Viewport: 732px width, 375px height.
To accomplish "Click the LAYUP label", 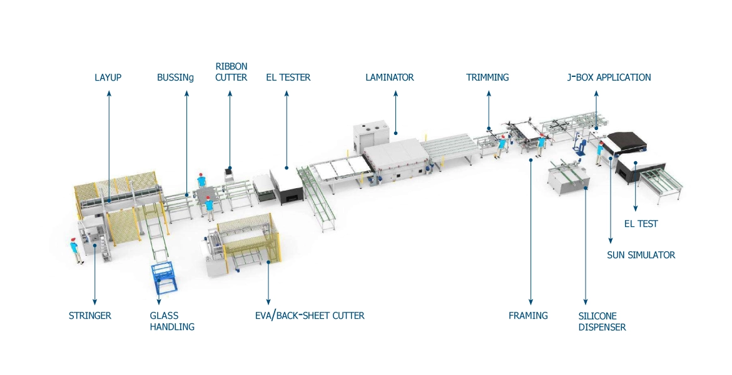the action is tap(108, 77).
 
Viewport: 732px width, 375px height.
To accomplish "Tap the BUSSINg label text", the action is tap(175, 77).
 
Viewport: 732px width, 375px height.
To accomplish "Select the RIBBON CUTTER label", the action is tap(231, 72).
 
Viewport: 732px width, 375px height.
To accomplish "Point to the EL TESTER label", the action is tap(288, 77).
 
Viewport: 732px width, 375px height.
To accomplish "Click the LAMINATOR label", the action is tap(389, 77).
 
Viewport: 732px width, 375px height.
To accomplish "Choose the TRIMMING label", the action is tap(487, 77).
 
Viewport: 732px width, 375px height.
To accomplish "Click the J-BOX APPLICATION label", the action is tap(609, 77).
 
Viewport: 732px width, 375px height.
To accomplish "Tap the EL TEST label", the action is tap(641, 224).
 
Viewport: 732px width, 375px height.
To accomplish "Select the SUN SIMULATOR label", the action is tap(641, 255).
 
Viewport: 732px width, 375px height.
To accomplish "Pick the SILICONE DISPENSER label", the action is tap(602, 321).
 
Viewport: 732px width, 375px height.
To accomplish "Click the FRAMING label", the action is tap(528, 316).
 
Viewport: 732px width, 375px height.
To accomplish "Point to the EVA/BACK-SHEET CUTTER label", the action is tap(310, 316).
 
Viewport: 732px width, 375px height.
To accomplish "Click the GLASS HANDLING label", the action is tap(172, 321).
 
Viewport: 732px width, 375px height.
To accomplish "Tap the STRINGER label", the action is tap(90, 316).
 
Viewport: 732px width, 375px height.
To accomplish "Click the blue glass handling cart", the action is tap(163, 277).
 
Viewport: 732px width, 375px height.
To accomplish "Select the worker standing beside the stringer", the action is tap(74, 251).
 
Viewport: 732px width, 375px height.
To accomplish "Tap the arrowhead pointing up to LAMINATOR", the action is tap(396, 93).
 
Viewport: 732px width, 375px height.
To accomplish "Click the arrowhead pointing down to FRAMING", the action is tap(531, 302).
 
